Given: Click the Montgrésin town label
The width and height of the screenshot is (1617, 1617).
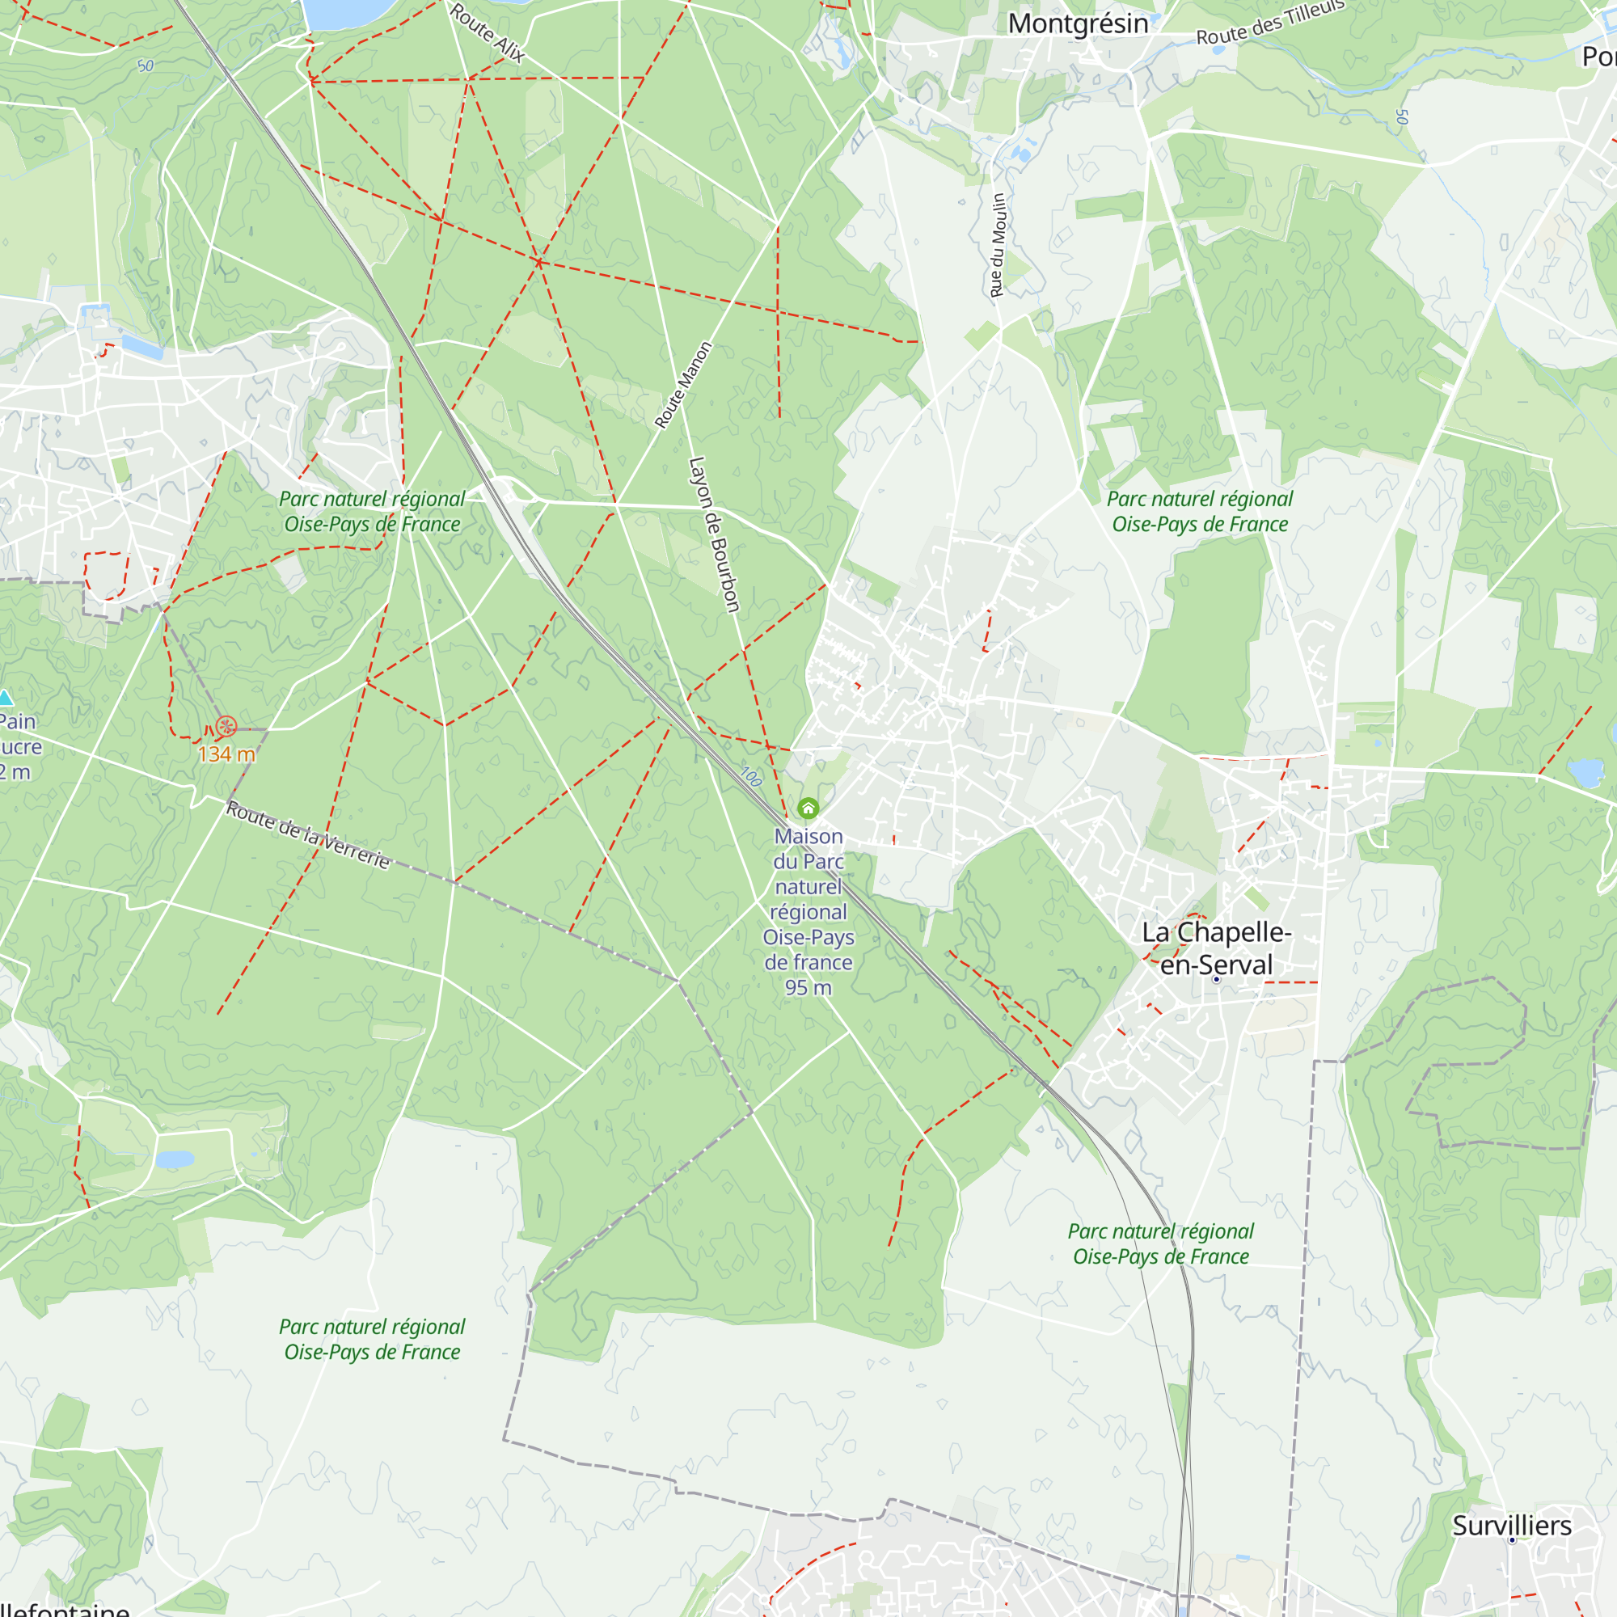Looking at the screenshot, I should (1078, 23).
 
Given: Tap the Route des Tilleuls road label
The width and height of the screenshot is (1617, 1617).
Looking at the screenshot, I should (1269, 23).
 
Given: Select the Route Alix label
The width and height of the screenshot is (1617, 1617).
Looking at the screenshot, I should (487, 32).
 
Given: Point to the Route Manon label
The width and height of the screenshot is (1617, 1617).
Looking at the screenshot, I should (683, 385).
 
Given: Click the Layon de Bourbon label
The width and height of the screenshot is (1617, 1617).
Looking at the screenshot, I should (714, 534).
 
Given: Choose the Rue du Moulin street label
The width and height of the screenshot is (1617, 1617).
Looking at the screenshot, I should (998, 245).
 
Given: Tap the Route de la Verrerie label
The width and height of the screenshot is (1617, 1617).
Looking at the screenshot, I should (308, 834).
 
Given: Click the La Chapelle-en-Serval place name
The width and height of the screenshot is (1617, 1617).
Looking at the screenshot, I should (1216, 948).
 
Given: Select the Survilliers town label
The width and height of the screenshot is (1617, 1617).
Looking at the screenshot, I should (1512, 1525).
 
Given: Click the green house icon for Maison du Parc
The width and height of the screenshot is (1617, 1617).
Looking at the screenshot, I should (808, 808).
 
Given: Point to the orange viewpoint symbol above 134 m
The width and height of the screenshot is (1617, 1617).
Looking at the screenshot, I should (226, 727).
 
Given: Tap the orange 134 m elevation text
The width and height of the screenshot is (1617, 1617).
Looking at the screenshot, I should (226, 754).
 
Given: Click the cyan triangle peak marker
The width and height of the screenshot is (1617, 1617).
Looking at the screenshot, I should (5, 698).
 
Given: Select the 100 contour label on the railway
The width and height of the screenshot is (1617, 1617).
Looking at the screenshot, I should (751, 777).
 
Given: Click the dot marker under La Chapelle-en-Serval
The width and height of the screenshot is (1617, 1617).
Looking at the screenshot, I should (1217, 979).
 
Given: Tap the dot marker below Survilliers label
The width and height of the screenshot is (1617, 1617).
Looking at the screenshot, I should (1512, 1540).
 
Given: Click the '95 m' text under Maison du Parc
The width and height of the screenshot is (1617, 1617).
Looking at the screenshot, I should (808, 988).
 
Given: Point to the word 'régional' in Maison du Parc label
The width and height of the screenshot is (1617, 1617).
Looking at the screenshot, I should (808, 911).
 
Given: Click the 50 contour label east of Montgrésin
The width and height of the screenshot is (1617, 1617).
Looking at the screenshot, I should (1402, 117).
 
